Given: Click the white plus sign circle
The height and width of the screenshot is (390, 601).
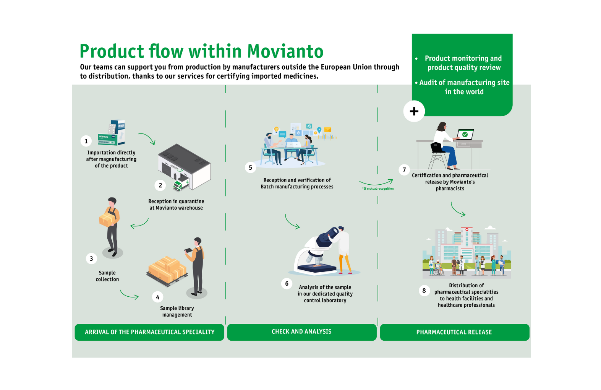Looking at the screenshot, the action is [414, 111].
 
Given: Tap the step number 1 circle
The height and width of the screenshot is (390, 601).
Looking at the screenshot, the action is [86, 141].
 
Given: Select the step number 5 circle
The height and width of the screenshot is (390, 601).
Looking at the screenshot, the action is [250, 167].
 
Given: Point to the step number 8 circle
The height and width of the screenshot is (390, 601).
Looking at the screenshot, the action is [424, 291].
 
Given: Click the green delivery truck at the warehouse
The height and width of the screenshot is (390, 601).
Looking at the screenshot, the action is [181, 185].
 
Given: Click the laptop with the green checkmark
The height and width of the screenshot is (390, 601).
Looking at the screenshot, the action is [465, 135].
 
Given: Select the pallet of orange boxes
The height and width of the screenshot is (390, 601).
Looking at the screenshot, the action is [167, 271].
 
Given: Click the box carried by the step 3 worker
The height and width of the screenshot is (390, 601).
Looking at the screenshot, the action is [107, 219].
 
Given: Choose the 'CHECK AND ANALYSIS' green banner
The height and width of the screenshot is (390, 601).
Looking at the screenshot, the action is [302, 332].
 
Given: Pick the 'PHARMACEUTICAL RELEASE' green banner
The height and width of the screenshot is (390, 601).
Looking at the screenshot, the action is [455, 332].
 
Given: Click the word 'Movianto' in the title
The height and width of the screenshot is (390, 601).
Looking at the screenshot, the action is [285, 51].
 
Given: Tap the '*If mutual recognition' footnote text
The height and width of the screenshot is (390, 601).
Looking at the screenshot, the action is [378, 189].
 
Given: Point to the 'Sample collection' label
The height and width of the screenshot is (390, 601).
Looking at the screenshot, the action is [107, 276].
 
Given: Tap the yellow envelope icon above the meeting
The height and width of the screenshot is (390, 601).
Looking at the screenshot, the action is [327, 130].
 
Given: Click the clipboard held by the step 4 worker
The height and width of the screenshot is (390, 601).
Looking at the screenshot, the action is [188, 250].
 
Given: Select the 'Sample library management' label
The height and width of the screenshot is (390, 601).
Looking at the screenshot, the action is [177, 311].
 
